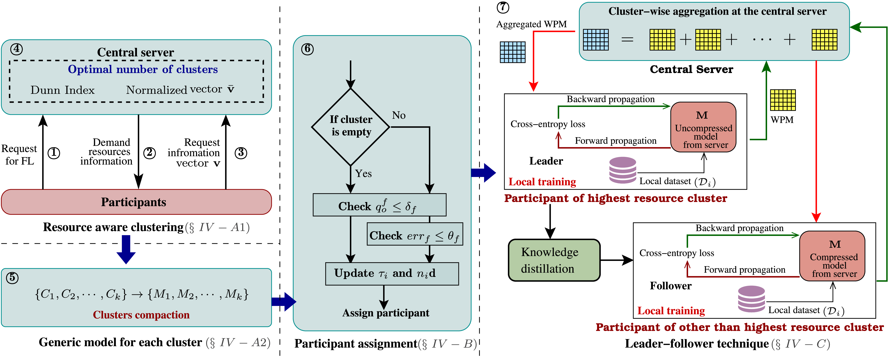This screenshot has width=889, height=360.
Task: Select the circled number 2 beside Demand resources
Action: tap(149, 153)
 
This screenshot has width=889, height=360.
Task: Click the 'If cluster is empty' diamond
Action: tap(351, 127)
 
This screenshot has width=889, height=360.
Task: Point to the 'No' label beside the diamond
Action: tap(399, 115)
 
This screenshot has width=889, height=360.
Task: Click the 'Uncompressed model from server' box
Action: tap(703, 127)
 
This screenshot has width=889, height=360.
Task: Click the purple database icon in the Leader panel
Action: tap(622, 170)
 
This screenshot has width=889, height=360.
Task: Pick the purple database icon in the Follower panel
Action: tap(751, 299)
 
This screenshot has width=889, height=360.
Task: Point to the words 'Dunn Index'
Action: tap(62, 90)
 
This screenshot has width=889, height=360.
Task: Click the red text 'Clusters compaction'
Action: tap(141, 315)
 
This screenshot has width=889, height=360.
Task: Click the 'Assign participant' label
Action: tap(385, 313)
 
